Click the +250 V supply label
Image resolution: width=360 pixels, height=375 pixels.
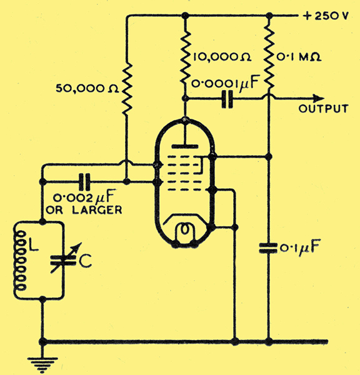coord(326,16)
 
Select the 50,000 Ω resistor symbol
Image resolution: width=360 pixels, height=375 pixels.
coord(127,89)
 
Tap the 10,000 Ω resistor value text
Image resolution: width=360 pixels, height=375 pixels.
coord(222,57)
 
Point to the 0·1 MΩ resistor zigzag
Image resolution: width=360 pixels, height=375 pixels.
coord(269,57)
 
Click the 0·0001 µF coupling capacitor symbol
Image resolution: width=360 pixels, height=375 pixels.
coord(227,99)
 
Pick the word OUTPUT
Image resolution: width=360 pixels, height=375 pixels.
coord(323,109)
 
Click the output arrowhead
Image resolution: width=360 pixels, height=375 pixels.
coord(319,99)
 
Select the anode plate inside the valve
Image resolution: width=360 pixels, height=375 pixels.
coord(184,146)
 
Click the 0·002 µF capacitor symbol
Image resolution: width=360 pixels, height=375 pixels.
coord(84,182)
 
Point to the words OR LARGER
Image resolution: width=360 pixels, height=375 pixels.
coord(84,210)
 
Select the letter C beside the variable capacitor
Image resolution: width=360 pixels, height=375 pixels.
coord(86,261)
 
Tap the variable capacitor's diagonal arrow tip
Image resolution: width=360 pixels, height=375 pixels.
coord(81,244)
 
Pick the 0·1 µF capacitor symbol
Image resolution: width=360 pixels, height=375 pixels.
coord(269,248)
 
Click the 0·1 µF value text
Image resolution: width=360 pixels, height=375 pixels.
coord(299,248)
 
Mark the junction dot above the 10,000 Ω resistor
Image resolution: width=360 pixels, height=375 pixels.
coord(184,16)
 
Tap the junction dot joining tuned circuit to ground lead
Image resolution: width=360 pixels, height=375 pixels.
coord(42,299)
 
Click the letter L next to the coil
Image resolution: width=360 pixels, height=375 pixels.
coord(33,244)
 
